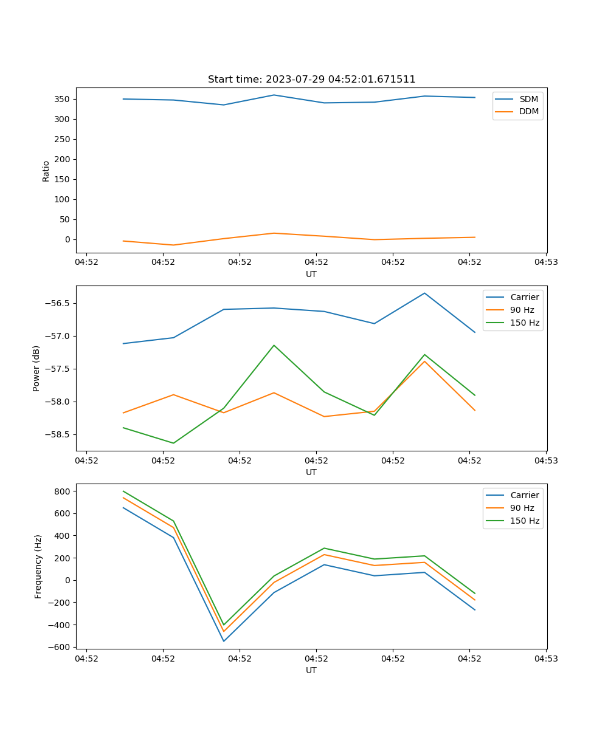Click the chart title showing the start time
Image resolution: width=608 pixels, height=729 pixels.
311,80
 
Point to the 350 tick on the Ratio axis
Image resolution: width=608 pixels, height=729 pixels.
63,99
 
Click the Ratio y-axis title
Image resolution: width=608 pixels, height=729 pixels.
46,170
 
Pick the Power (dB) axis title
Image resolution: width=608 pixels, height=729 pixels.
36,368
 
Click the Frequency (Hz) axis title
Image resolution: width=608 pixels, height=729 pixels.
38,566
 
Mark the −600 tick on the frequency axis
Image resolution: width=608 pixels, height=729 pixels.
61,647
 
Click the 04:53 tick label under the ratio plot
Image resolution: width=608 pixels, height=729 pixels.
545,262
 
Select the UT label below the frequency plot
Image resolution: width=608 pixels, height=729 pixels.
311,670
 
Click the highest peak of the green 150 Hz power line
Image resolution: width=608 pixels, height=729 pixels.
274,345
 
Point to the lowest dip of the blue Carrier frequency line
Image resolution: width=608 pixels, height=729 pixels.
224,641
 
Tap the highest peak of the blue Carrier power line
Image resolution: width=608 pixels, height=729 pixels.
424,293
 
